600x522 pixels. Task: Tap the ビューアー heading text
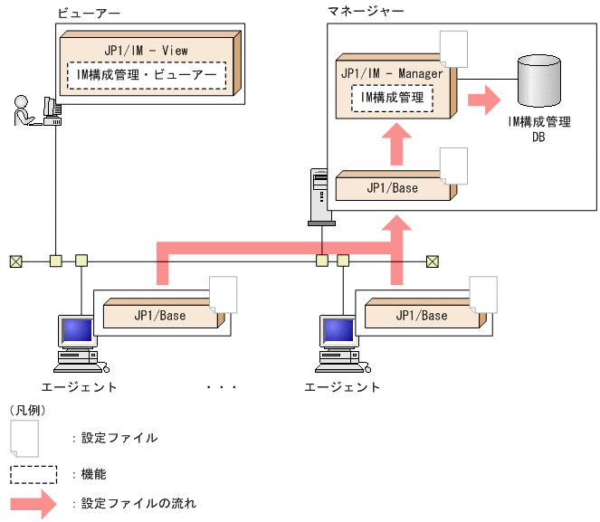[88, 14]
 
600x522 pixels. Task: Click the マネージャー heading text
[366, 11]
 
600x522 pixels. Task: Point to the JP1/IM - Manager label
[392, 72]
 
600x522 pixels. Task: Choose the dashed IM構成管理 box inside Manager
[392, 96]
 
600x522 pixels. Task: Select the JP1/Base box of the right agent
[421, 316]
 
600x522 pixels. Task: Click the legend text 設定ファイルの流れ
[138, 503]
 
